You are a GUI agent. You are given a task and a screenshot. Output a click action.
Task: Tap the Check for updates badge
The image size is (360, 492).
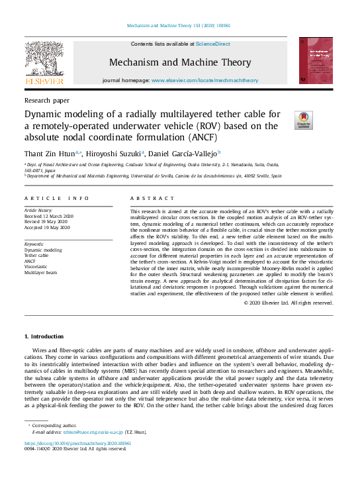304,120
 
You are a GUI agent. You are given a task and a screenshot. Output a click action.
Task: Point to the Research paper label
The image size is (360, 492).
46,100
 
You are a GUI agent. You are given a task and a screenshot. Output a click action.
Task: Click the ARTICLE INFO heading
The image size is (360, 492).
57,199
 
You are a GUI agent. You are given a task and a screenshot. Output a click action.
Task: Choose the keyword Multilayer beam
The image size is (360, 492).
42,272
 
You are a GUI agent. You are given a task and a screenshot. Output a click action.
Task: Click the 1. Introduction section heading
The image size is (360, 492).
44,337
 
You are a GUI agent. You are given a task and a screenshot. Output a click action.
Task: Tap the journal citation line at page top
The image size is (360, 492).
179,26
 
